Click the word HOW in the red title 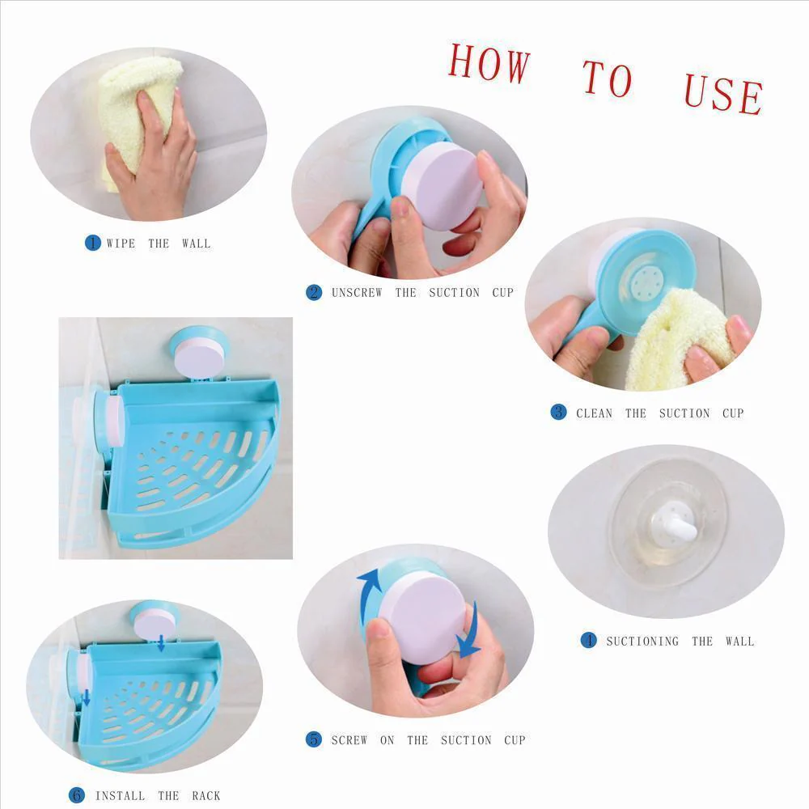[489, 63]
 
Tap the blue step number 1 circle [93, 242]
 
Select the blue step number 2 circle [314, 292]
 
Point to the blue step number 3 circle [558, 412]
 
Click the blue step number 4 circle [588, 640]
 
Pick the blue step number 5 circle [314, 739]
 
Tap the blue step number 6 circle [76, 794]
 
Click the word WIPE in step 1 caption [121, 243]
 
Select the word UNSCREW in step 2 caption [356, 293]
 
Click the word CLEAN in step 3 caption [594, 413]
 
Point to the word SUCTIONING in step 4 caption [642, 641]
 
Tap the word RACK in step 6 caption [205, 795]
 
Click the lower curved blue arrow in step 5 [468, 635]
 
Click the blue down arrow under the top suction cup [162, 643]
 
